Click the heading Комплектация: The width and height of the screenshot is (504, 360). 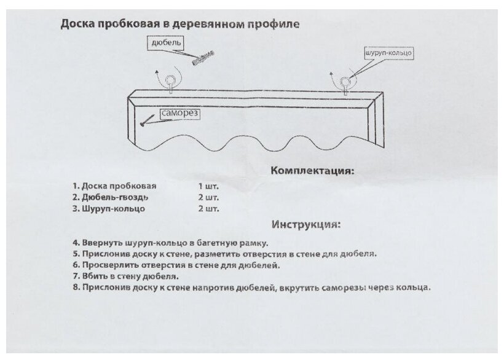[x=312, y=170]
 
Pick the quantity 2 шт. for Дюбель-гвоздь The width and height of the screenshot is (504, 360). [x=209, y=197]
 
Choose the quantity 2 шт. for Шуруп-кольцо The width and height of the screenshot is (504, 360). [x=209, y=209]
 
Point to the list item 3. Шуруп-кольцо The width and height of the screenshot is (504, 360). [x=108, y=209]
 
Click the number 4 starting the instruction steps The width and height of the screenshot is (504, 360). [x=74, y=242]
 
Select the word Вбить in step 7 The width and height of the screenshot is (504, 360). [x=93, y=276]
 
